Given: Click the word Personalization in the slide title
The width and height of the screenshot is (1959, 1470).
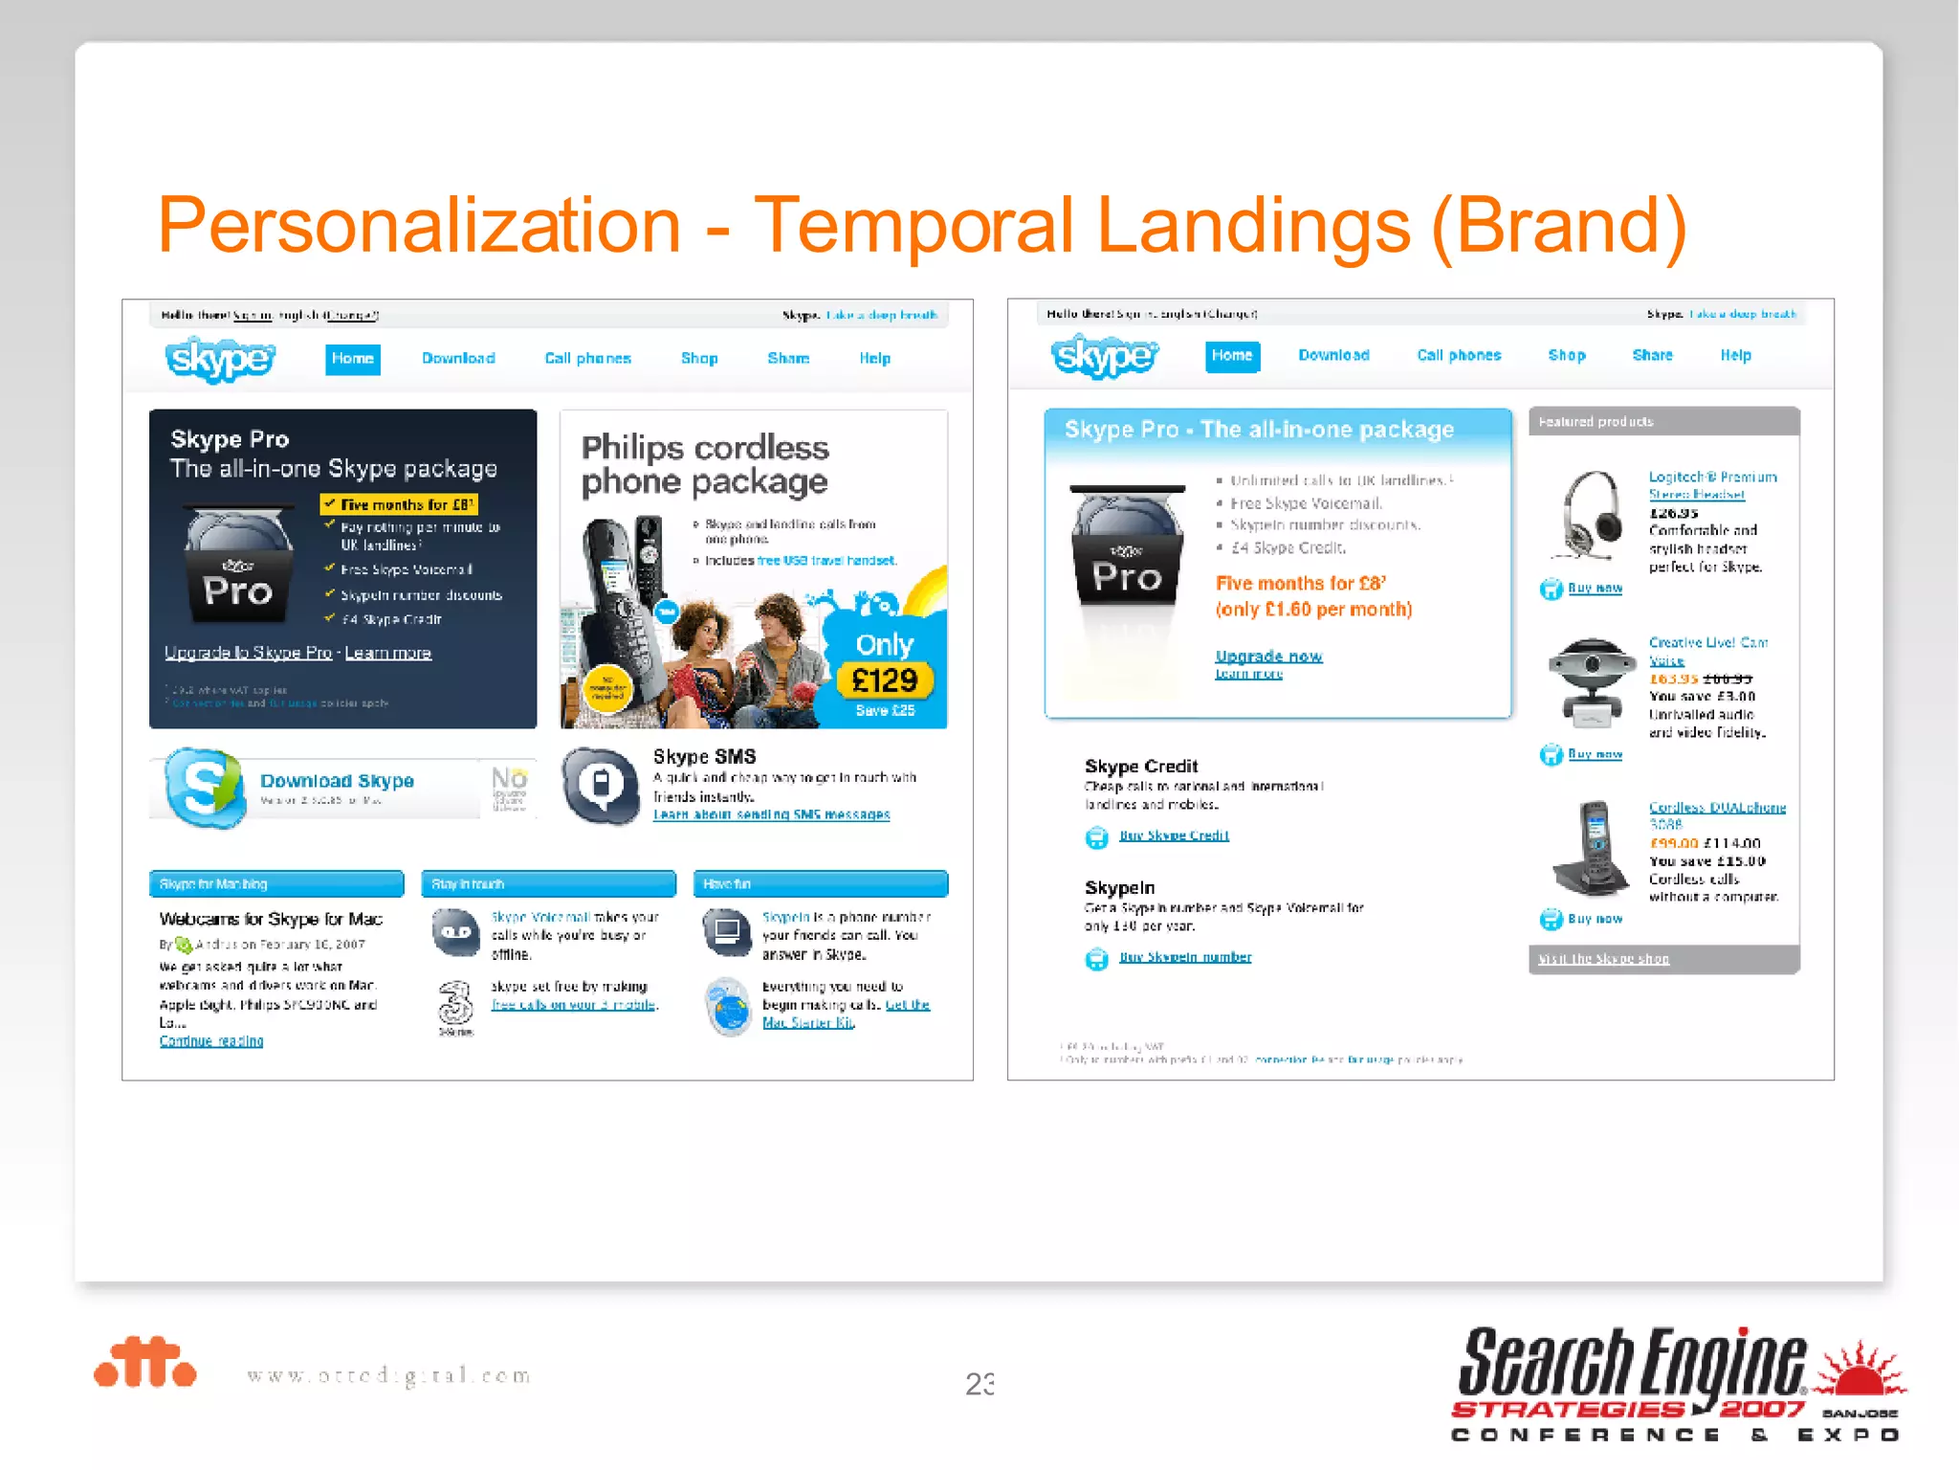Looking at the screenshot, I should [x=419, y=226].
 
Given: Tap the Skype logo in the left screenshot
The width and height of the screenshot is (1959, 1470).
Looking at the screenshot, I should [x=220, y=359].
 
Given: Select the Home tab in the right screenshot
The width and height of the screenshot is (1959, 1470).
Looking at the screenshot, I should [x=1232, y=356].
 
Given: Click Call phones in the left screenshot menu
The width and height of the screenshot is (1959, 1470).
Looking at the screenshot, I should [x=587, y=359].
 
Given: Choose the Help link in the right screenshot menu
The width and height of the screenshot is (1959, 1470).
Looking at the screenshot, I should [x=1735, y=356].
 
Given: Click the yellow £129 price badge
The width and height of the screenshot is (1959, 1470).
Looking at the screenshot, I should [x=884, y=680].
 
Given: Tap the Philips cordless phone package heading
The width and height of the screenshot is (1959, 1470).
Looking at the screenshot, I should [x=705, y=464].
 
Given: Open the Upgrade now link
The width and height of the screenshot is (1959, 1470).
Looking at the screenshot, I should [x=1268, y=657].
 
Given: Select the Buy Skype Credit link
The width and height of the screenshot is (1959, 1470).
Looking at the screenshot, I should [x=1174, y=835].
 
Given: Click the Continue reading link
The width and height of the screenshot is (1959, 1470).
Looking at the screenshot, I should [x=211, y=1041].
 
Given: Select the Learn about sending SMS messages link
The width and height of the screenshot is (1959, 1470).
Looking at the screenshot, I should [x=771, y=814].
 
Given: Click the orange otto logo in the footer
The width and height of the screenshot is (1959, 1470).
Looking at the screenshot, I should [x=145, y=1363].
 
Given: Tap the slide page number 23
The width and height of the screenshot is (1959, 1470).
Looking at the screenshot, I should [x=979, y=1384].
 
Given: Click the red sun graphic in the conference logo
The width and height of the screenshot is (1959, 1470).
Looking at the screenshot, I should [x=1860, y=1370].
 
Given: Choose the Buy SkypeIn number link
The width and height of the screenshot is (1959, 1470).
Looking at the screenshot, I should [x=1185, y=957].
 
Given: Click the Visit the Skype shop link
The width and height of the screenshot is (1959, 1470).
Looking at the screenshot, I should [x=1603, y=959].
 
